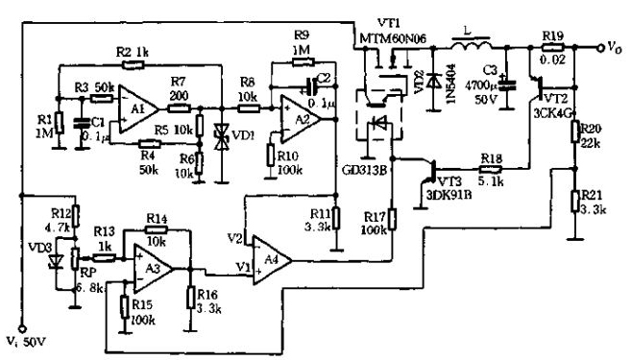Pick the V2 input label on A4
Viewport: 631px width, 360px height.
(x=233, y=236)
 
